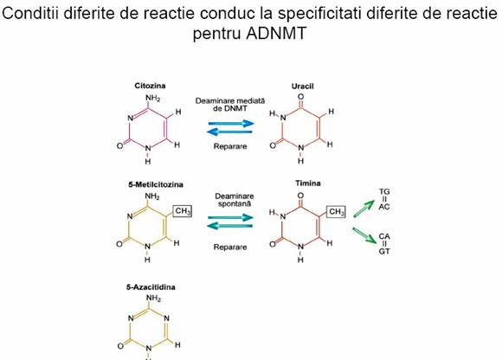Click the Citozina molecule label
tap(150, 86)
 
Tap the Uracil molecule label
tap(302, 86)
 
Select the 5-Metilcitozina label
tap(156, 184)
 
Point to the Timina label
tap(307, 183)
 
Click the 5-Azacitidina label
tap(151, 287)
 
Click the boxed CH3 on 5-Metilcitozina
tap(183, 211)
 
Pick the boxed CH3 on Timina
tap(336, 211)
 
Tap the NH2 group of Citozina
tap(152, 98)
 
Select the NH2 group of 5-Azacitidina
tap(153, 299)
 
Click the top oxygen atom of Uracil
tap(300, 97)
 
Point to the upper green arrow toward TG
tap(364, 209)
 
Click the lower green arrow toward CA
tap(364, 235)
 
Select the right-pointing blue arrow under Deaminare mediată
tap(231, 123)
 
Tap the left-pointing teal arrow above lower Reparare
tap(230, 226)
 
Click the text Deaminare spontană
tap(235, 200)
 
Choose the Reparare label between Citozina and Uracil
tap(230, 146)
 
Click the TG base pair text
tap(384, 191)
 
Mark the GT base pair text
tap(384, 252)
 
